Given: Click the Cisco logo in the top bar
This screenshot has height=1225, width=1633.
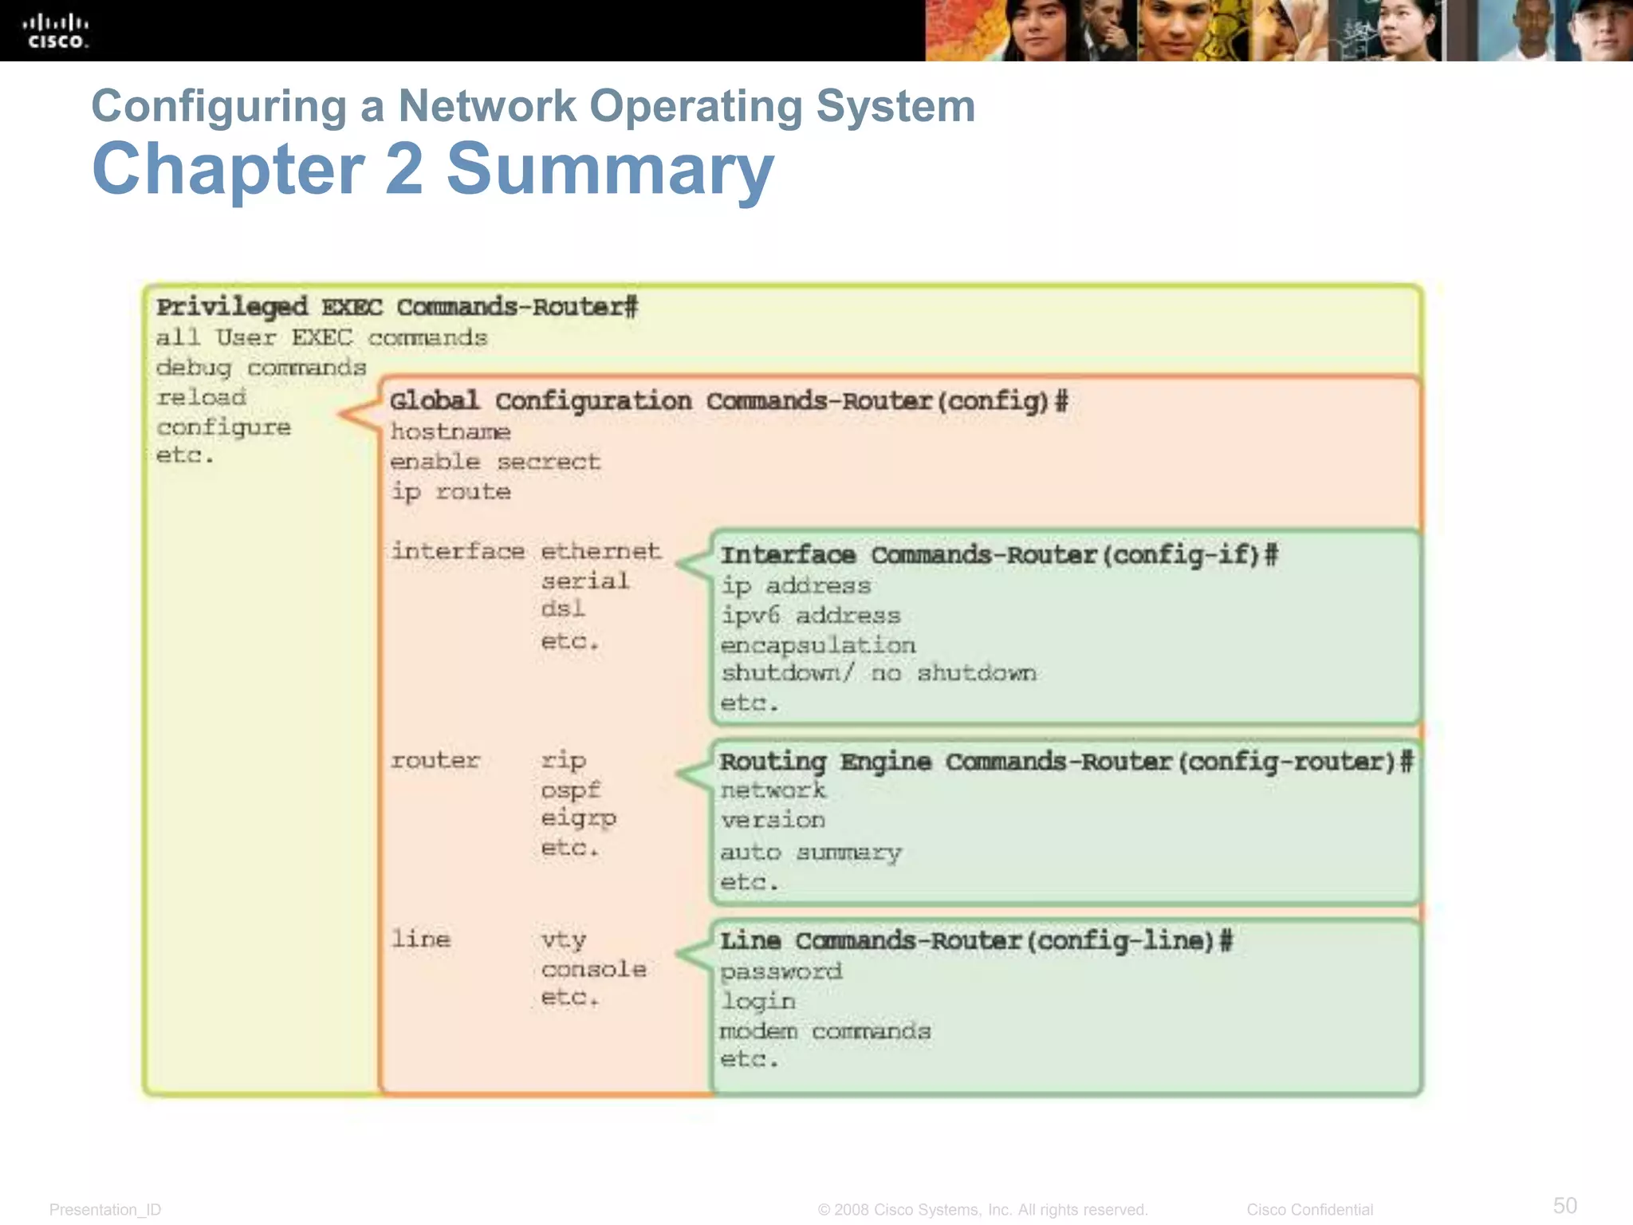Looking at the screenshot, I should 56,31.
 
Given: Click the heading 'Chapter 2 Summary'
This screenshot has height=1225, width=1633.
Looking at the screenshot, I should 433,168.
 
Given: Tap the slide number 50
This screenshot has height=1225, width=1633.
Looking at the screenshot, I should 1564,1205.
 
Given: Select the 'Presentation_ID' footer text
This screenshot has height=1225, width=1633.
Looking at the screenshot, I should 105,1210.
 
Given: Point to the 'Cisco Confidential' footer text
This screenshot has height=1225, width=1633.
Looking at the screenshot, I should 1309,1210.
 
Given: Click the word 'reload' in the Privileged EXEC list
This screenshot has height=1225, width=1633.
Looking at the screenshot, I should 201,397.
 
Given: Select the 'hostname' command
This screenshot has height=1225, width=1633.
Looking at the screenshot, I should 451,432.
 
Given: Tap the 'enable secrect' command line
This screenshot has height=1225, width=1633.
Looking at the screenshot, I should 495,462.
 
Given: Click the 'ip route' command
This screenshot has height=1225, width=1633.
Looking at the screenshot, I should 451,492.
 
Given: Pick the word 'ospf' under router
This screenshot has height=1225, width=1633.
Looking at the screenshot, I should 570,790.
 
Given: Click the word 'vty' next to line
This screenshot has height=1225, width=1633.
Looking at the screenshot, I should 564,940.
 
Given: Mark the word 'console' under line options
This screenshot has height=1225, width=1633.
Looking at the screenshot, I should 593,969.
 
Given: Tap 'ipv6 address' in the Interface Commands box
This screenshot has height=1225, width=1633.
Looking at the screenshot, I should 810,616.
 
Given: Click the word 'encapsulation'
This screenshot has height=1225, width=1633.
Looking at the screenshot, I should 818,645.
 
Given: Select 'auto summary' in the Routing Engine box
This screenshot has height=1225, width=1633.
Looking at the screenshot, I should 810,853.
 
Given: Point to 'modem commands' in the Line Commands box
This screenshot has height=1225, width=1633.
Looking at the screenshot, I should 825,1031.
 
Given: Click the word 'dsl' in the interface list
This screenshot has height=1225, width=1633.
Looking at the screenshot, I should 563,609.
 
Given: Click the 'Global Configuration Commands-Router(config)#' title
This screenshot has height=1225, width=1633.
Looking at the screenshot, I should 728,401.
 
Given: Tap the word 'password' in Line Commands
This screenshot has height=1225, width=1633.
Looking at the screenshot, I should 781,971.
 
